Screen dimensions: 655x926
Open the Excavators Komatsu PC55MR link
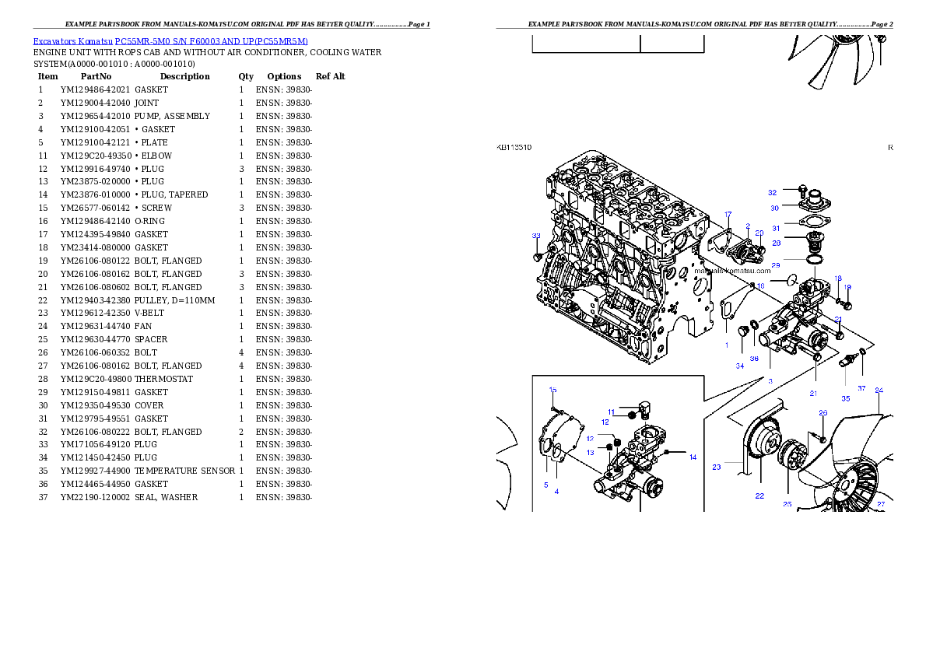point(170,40)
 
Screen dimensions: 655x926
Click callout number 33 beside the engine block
point(535,235)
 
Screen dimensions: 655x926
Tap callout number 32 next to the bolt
point(772,192)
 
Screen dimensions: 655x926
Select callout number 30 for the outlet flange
point(774,208)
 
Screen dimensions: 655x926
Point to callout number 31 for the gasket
point(775,228)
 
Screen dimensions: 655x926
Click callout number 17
point(728,214)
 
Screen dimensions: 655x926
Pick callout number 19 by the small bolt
point(847,287)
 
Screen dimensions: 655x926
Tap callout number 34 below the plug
point(739,366)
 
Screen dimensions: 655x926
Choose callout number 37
point(861,387)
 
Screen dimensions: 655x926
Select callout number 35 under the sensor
point(845,398)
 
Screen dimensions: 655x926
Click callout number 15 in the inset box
point(553,390)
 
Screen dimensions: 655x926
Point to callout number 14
point(693,457)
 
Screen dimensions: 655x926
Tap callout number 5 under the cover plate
point(545,485)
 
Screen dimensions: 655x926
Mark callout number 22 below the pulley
point(759,496)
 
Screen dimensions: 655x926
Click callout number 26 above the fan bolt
point(823,413)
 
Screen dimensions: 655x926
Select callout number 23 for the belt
point(716,468)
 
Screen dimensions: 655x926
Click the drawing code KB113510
point(514,146)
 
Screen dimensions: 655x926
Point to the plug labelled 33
point(536,256)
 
